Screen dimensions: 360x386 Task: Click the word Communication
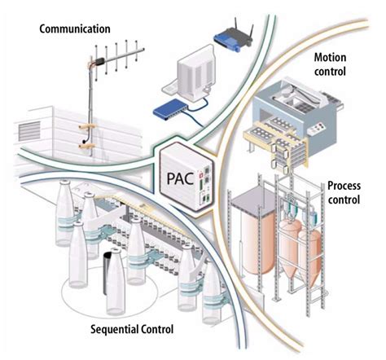click(76, 29)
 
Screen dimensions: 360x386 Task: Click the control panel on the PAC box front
click(208, 182)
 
